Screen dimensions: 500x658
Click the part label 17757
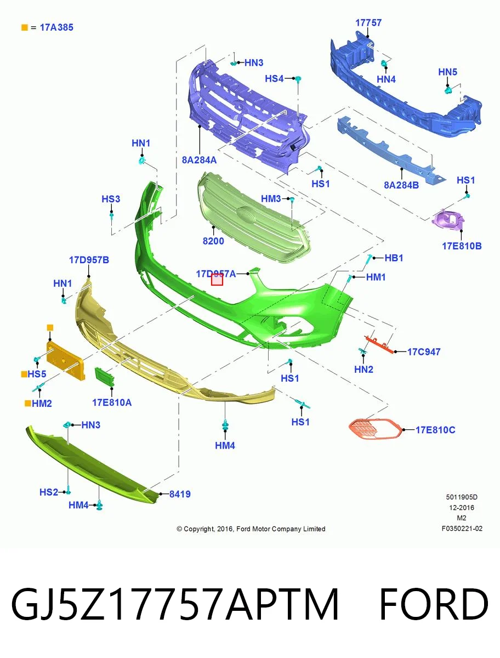(x=368, y=23)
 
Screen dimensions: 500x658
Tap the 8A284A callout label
(x=199, y=160)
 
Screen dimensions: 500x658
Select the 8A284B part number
(x=401, y=185)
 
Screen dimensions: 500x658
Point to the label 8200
(x=213, y=241)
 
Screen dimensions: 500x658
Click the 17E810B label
(x=462, y=246)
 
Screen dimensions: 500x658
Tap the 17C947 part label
(x=424, y=351)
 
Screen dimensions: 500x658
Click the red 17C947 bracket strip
(x=379, y=344)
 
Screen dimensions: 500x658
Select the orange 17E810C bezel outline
(x=374, y=429)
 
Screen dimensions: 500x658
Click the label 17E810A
(x=112, y=402)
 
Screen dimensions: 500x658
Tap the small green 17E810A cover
(x=104, y=377)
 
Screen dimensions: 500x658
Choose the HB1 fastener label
(x=394, y=258)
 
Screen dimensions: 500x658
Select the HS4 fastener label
(x=274, y=78)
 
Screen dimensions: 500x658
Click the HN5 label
(x=447, y=72)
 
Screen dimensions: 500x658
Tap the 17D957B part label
(x=89, y=259)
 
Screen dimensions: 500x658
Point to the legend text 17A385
(x=56, y=27)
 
